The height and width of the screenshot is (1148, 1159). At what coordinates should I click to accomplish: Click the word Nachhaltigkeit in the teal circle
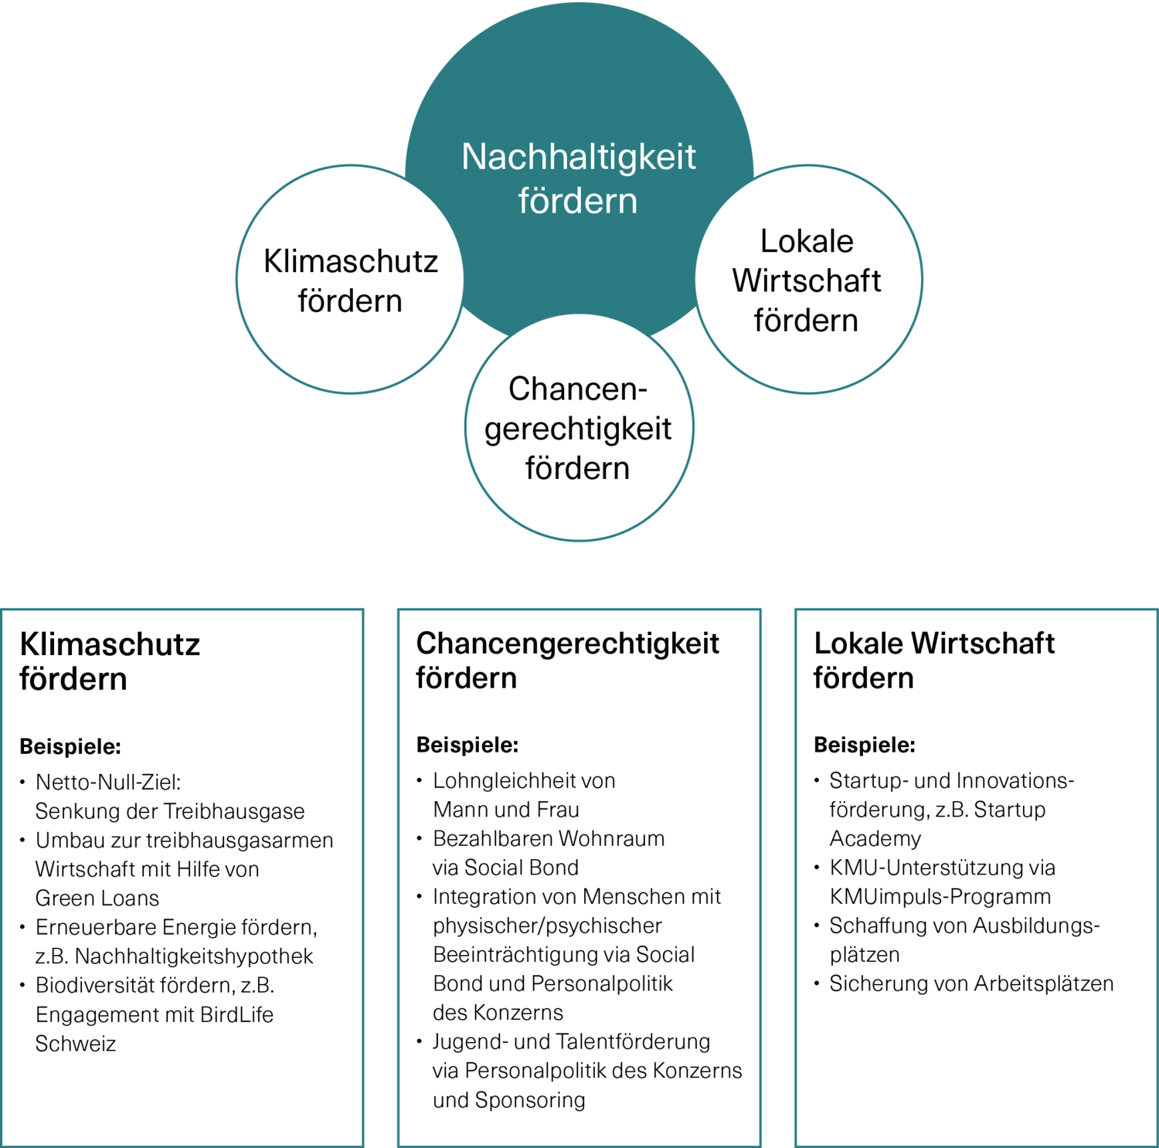click(x=579, y=157)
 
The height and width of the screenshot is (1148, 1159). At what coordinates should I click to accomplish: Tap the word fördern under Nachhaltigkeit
click(x=578, y=201)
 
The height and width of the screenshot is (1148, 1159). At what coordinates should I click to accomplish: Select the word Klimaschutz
click(x=351, y=261)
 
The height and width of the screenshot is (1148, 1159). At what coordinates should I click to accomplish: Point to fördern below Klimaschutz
click(x=350, y=301)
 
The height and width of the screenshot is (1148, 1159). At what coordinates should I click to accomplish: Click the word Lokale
click(x=807, y=241)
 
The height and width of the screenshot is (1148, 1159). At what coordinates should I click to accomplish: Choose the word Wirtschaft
click(x=807, y=280)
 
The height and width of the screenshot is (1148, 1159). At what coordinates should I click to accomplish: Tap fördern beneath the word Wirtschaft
click(x=806, y=321)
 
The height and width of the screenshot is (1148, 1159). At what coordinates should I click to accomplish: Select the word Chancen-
click(x=577, y=389)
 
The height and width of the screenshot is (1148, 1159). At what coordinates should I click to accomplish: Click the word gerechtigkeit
click(x=578, y=429)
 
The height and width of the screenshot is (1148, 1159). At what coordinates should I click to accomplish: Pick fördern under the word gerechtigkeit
click(x=577, y=468)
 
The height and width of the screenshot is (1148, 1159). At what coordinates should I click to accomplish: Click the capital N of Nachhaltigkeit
click(x=473, y=157)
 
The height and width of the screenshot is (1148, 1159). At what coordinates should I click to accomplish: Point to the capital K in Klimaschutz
click(x=272, y=261)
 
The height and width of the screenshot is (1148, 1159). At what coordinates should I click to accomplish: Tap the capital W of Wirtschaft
click(x=746, y=280)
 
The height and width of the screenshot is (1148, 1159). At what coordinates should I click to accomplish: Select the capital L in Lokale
click(x=767, y=241)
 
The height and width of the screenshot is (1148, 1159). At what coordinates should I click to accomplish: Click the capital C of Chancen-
click(x=519, y=389)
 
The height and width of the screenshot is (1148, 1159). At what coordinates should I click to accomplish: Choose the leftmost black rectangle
click(x=183, y=877)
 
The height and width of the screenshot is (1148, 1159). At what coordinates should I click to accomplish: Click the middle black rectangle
click(x=579, y=877)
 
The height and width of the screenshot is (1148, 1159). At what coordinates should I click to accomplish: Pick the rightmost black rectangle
click(x=976, y=877)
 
